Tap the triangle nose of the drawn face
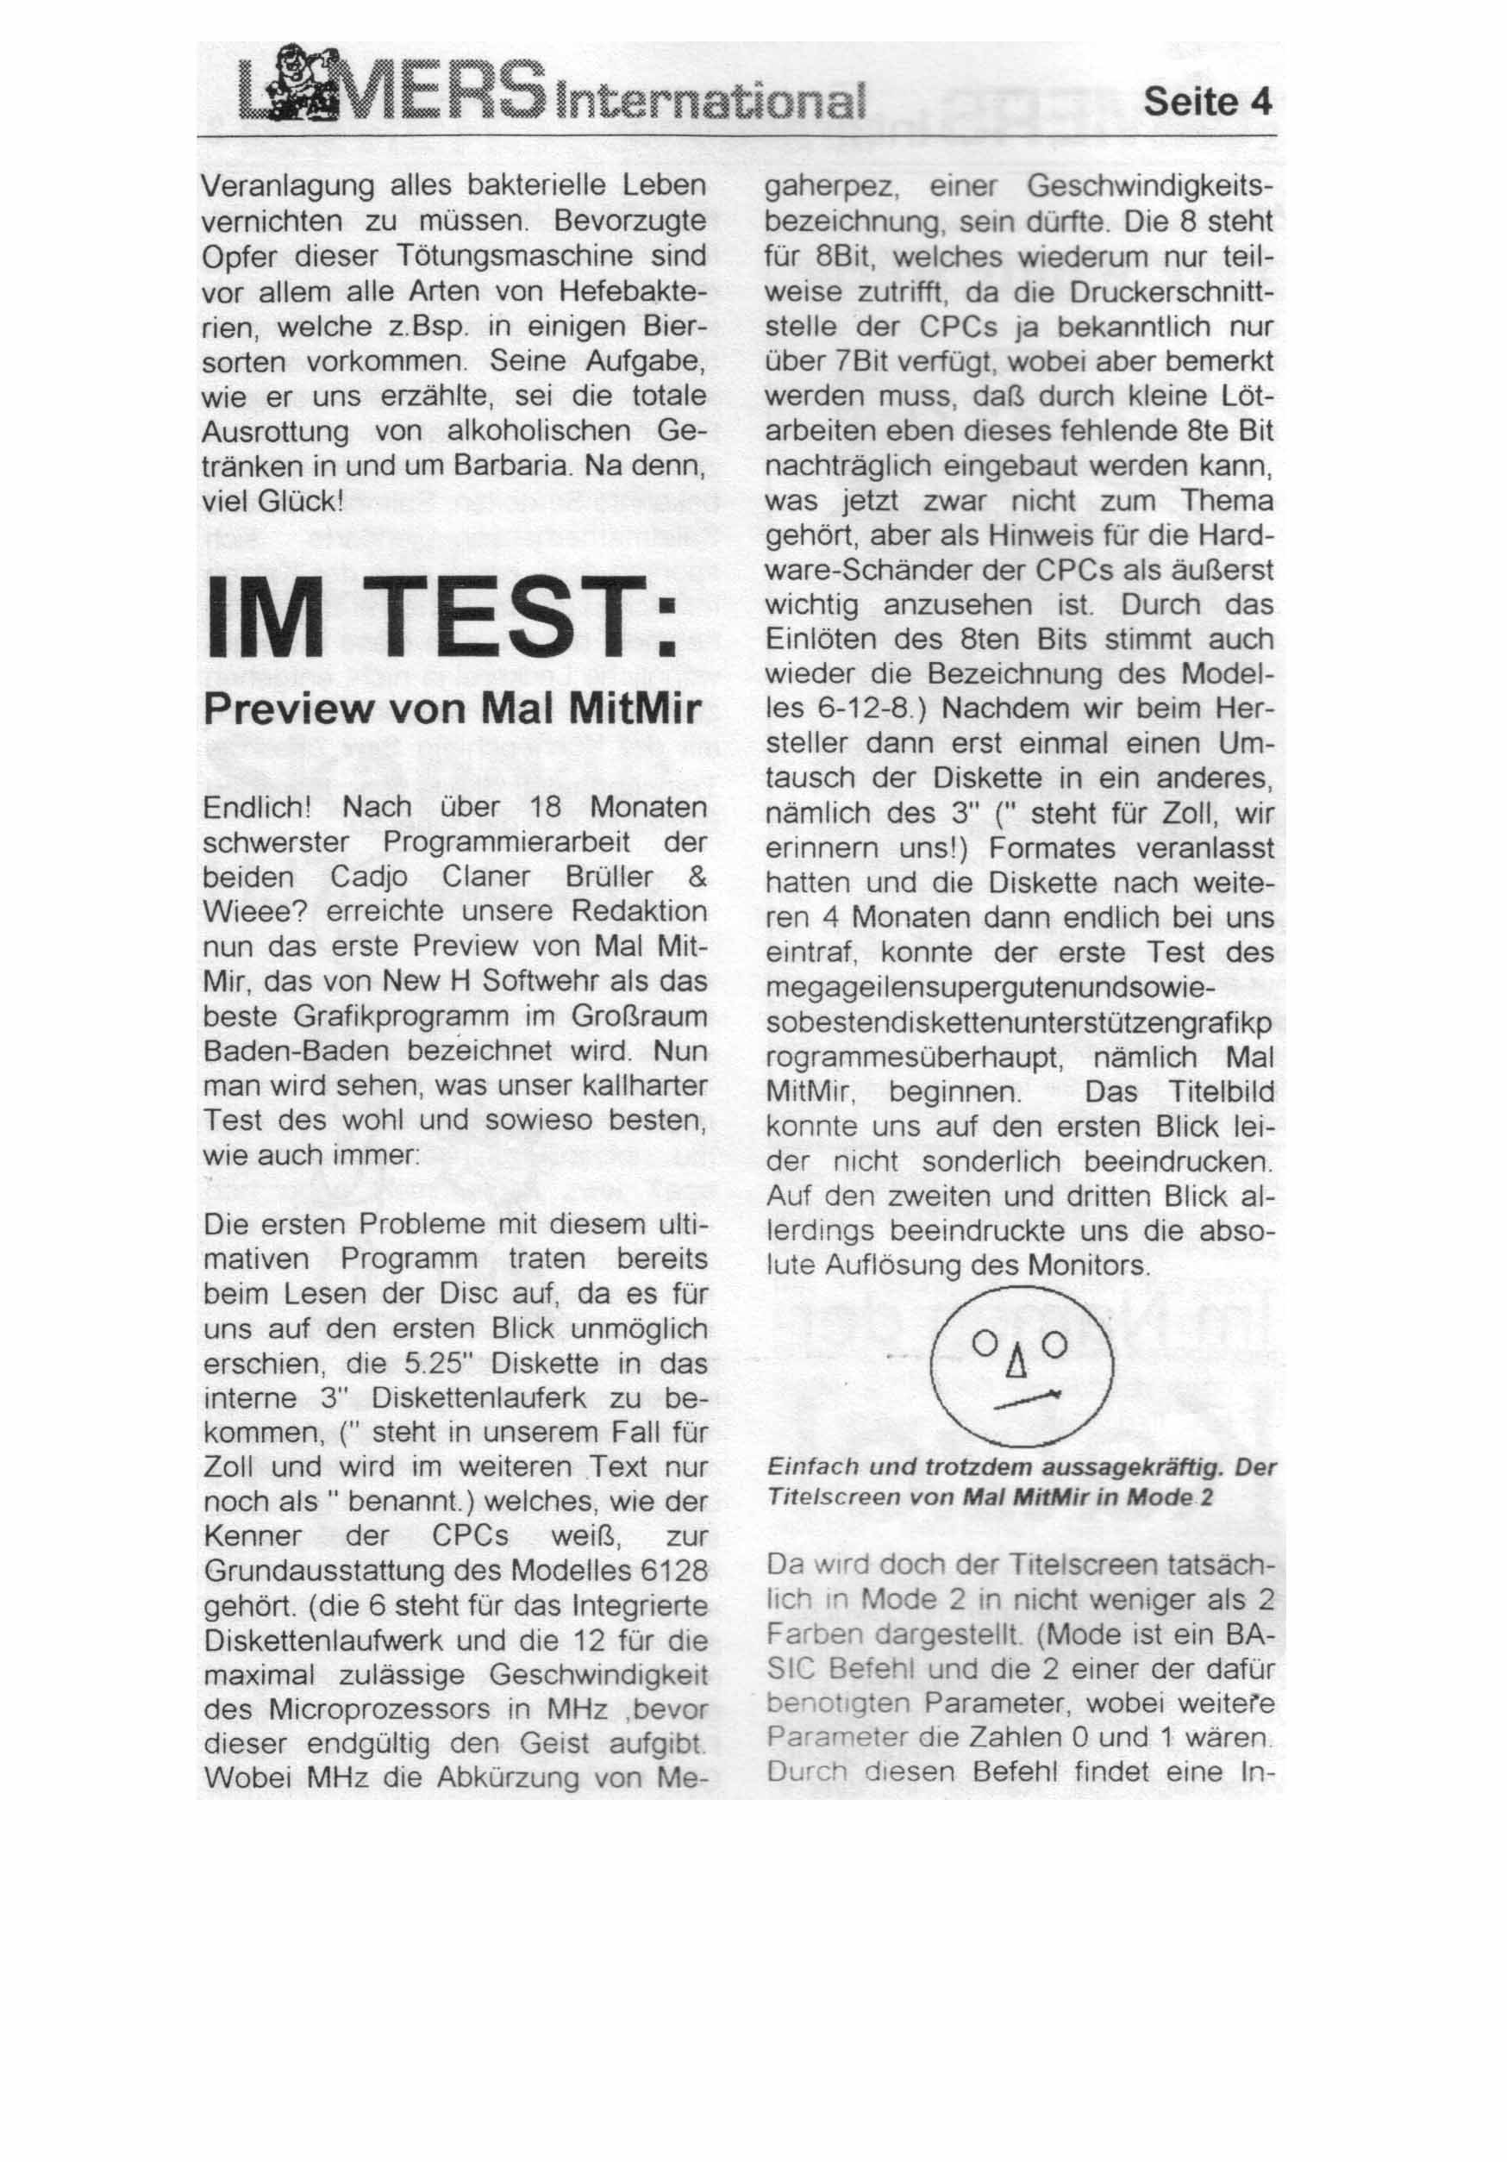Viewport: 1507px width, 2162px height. tap(1016, 1363)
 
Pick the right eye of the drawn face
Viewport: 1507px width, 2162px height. tap(1055, 1339)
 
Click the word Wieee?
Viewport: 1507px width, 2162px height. tap(256, 911)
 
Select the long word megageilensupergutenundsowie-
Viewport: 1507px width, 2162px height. tap(991, 989)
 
